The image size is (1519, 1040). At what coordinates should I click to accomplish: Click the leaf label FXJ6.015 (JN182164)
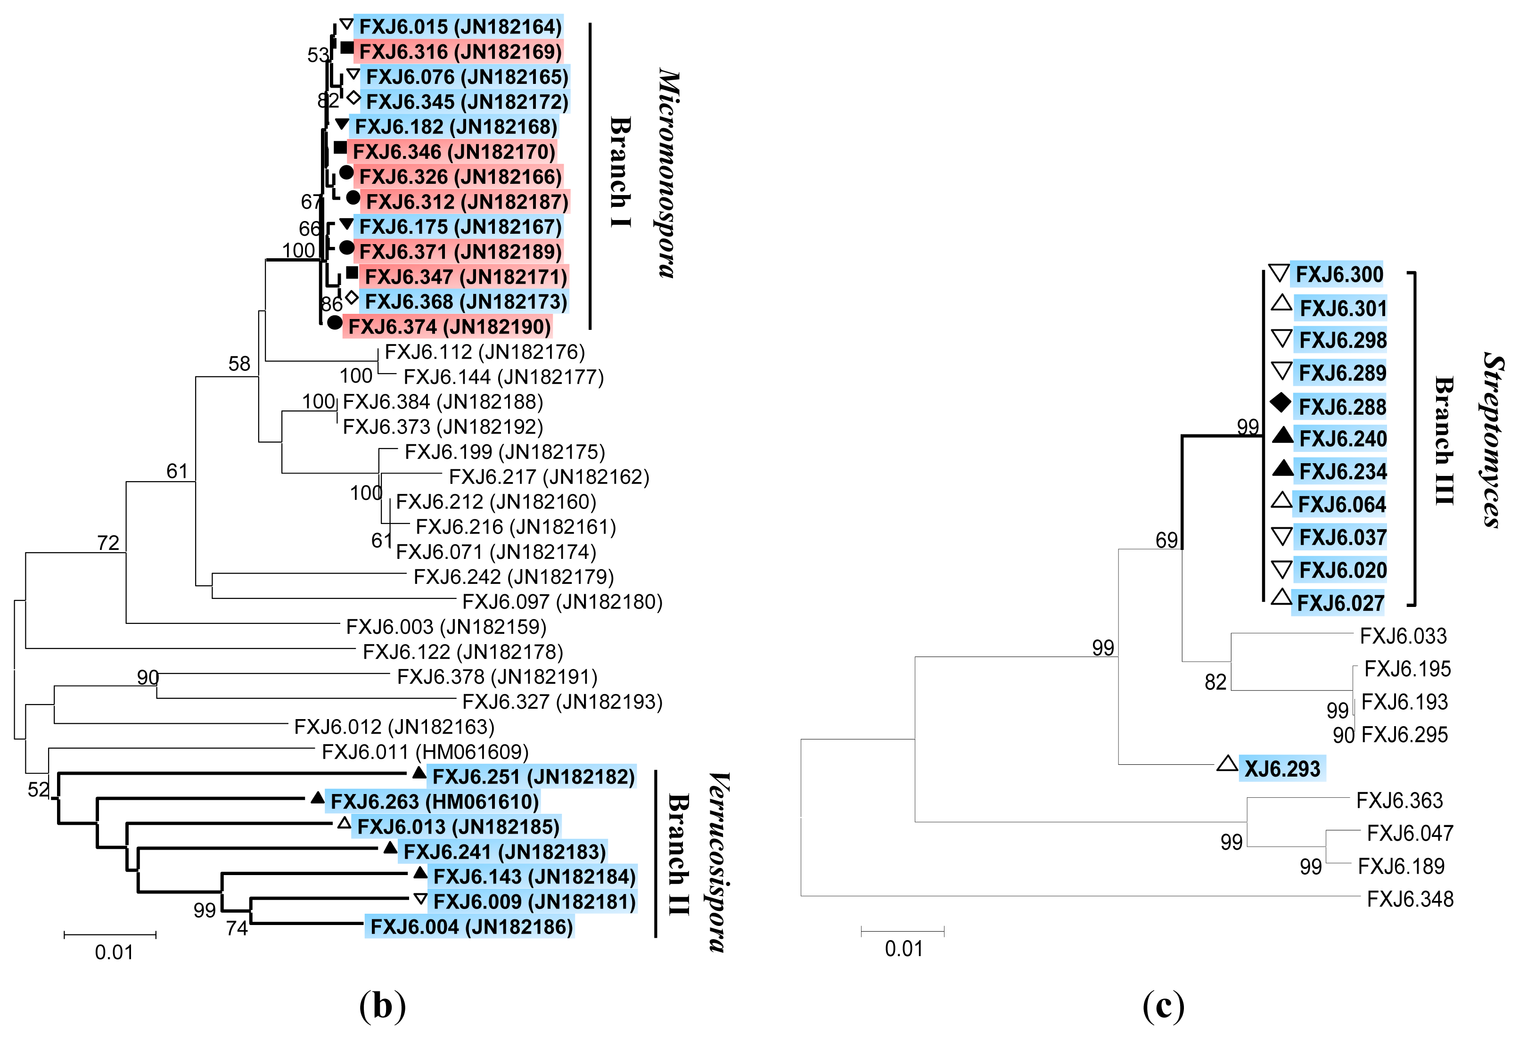pos(460,27)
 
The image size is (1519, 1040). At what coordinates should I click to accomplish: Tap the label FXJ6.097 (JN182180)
pos(562,601)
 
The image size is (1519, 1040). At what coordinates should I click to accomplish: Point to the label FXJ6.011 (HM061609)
pos(425,752)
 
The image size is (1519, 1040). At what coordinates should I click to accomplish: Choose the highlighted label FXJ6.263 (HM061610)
pos(434,802)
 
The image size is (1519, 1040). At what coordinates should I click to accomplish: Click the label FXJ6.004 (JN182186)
pos(471,926)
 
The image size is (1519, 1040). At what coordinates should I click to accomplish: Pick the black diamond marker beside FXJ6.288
pos(1281,403)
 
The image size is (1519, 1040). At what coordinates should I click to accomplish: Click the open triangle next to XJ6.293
pos(1227,763)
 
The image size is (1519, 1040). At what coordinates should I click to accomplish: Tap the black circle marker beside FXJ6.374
pos(335,322)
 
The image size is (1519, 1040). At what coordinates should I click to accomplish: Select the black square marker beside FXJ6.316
pos(347,48)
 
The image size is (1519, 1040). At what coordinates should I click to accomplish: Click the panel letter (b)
pos(382,1005)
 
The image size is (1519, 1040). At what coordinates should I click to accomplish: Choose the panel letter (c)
pos(1164,1005)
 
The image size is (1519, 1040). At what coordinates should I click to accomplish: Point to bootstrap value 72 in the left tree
pos(108,542)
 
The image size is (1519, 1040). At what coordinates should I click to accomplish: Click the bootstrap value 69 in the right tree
pos(1166,540)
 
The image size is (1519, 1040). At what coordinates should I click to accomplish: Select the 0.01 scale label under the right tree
pos(903,949)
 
